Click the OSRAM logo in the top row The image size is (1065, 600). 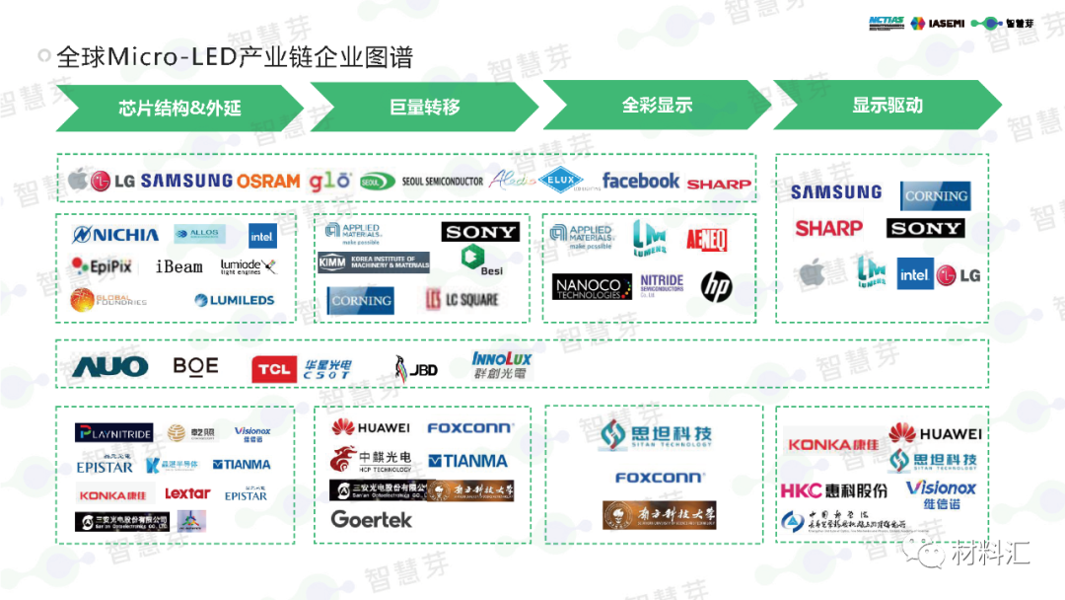(x=268, y=181)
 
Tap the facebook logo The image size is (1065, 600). (x=641, y=181)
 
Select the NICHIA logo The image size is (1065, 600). (x=116, y=235)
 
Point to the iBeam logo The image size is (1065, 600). (x=178, y=266)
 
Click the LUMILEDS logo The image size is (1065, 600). (x=234, y=300)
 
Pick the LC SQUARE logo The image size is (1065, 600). (x=461, y=299)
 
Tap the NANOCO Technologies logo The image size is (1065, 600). (x=588, y=287)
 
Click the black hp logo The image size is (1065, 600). (x=717, y=286)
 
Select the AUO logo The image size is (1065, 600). (x=110, y=367)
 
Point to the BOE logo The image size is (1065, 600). (x=195, y=366)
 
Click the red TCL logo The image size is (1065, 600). (x=274, y=370)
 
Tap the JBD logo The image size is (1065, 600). (x=415, y=368)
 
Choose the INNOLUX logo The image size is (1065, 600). (x=501, y=366)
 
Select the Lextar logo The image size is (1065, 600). (x=187, y=493)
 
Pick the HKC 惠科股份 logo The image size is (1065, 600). (x=833, y=489)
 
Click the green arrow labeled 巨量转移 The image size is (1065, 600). (x=424, y=107)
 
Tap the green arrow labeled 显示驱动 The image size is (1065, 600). (x=887, y=106)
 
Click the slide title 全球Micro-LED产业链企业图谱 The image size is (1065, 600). (x=234, y=56)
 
